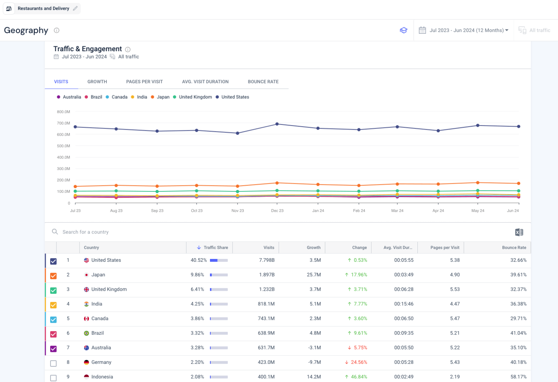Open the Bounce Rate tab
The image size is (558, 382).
tap(263, 82)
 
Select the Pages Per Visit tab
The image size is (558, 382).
tap(144, 82)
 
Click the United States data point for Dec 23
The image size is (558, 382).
tap(277, 124)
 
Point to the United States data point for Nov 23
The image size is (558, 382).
tap(238, 133)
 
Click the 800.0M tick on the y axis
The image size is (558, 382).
tap(63, 112)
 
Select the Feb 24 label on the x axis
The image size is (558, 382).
tap(359, 211)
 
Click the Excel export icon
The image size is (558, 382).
tap(519, 232)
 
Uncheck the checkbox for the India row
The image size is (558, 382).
tap(53, 305)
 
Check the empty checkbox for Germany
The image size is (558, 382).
tap(53, 363)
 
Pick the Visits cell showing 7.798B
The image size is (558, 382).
tap(267, 260)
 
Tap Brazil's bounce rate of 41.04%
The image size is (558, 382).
tap(518, 333)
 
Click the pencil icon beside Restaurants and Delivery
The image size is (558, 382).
tap(75, 8)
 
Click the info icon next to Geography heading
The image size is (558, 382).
tap(57, 31)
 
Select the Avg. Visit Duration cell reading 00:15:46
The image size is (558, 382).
tap(404, 304)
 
